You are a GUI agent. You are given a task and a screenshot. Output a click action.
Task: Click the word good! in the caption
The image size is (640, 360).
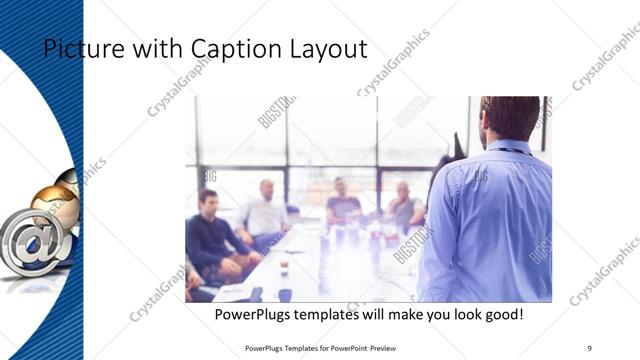pyautogui.click(x=502, y=315)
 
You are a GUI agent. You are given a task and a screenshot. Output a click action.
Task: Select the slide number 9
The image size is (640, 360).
pyautogui.click(x=589, y=347)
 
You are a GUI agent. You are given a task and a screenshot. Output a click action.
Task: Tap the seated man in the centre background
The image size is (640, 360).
pyautogui.click(x=343, y=200)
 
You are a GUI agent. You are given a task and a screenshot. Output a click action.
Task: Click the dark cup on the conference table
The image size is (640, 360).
pyautogui.click(x=284, y=295)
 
